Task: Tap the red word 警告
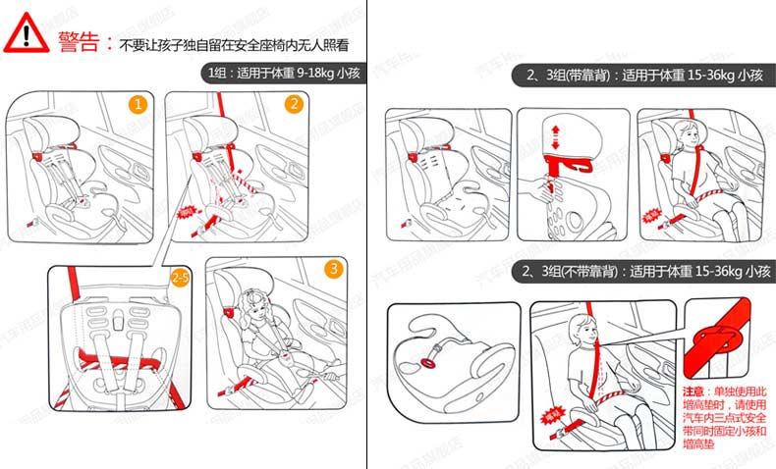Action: tap(80, 41)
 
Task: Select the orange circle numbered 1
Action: tap(140, 103)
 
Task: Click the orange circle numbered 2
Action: tap(293, 104)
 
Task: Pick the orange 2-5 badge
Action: tap(181, 278)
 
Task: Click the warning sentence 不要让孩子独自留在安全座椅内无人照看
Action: tap(235, 44)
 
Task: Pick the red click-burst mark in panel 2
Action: tap(187, 210)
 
